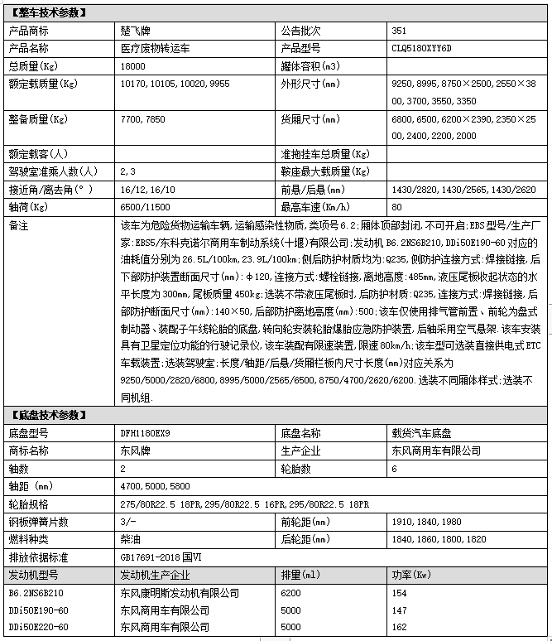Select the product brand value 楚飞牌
tap(136, 31)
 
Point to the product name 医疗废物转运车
tap(155, 48)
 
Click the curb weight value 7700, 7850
tap(142, 119)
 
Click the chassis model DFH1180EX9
tap(146, 433)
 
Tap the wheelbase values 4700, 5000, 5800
tap(155, 486)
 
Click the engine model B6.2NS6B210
tap(36, 593)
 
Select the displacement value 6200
tap(290, 593)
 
